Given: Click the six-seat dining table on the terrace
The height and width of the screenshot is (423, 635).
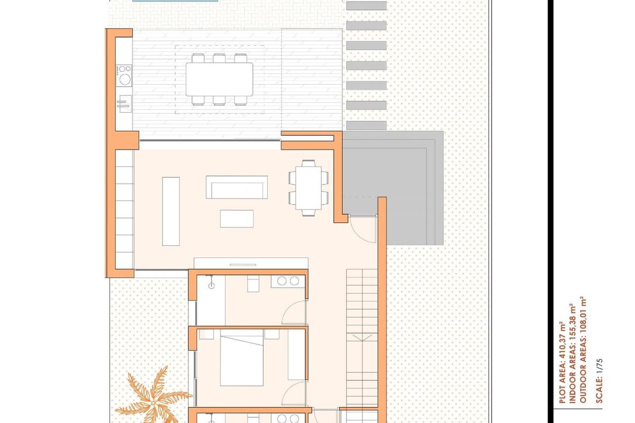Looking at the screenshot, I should click(x=219, y=79).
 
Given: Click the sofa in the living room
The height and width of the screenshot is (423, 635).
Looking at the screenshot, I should click(x=236, y=187).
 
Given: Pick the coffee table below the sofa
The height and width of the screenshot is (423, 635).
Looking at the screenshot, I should click(x=237, y=218).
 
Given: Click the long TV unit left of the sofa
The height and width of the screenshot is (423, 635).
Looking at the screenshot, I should click(x=170, y=210).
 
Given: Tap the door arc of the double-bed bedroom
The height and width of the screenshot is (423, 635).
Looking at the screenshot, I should click(x=293, y=391).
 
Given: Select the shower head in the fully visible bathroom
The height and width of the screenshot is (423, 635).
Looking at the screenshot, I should click(x=211, y=286).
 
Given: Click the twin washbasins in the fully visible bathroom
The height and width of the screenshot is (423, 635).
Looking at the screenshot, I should click(x=287, y=281).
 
